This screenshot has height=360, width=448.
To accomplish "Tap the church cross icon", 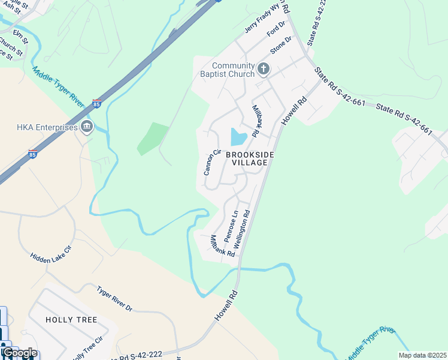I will (263, 70).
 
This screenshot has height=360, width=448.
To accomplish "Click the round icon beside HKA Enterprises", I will (87, 127).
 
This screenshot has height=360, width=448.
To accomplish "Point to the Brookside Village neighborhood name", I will (250, 158).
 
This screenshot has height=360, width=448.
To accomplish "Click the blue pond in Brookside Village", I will (238, 138).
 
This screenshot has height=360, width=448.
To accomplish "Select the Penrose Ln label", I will (231, 226).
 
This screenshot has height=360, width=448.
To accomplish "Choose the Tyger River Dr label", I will (114, 298).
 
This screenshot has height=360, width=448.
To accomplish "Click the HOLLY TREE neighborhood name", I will (71, 320).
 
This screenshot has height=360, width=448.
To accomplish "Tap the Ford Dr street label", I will (276, 28).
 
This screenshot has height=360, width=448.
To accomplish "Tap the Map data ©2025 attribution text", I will (422, 355).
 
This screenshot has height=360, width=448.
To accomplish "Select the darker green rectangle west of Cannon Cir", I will (153, 138).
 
